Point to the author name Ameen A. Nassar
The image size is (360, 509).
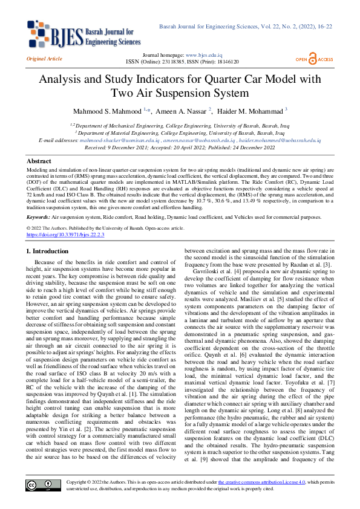pos(182,111)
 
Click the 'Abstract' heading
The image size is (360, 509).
pos(39,161)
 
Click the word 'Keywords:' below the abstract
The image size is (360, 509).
pos(38,215)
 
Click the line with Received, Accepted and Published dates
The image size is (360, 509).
pos(180,147)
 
